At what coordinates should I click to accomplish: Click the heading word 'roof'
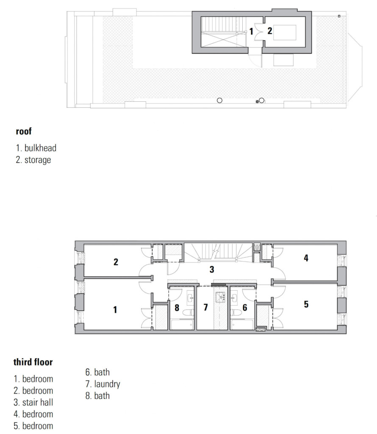coord(24,131)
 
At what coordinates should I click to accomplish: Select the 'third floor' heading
coord(33,362)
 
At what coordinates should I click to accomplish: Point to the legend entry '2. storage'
coord(33,160)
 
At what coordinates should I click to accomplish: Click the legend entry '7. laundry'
coord(103,384)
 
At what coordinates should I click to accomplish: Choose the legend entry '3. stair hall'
coord(33,402)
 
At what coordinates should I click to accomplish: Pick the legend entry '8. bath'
coord(97,396)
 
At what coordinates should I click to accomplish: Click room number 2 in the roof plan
coord(269,31)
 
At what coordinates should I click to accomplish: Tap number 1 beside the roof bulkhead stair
coord(251,31)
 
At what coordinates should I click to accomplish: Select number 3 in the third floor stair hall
coord(212,269)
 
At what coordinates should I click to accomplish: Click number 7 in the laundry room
coord(206,307)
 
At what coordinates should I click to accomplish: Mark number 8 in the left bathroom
coord(177,307)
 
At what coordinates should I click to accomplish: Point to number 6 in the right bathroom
coord(244,307)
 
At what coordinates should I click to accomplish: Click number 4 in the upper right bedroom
coord(306,257)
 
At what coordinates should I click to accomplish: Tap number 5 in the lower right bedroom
coord(306,304)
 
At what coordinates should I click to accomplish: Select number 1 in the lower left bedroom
coord(115,309)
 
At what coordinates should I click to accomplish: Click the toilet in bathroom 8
coord(189,312)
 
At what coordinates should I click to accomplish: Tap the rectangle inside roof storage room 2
coord(284,33)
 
